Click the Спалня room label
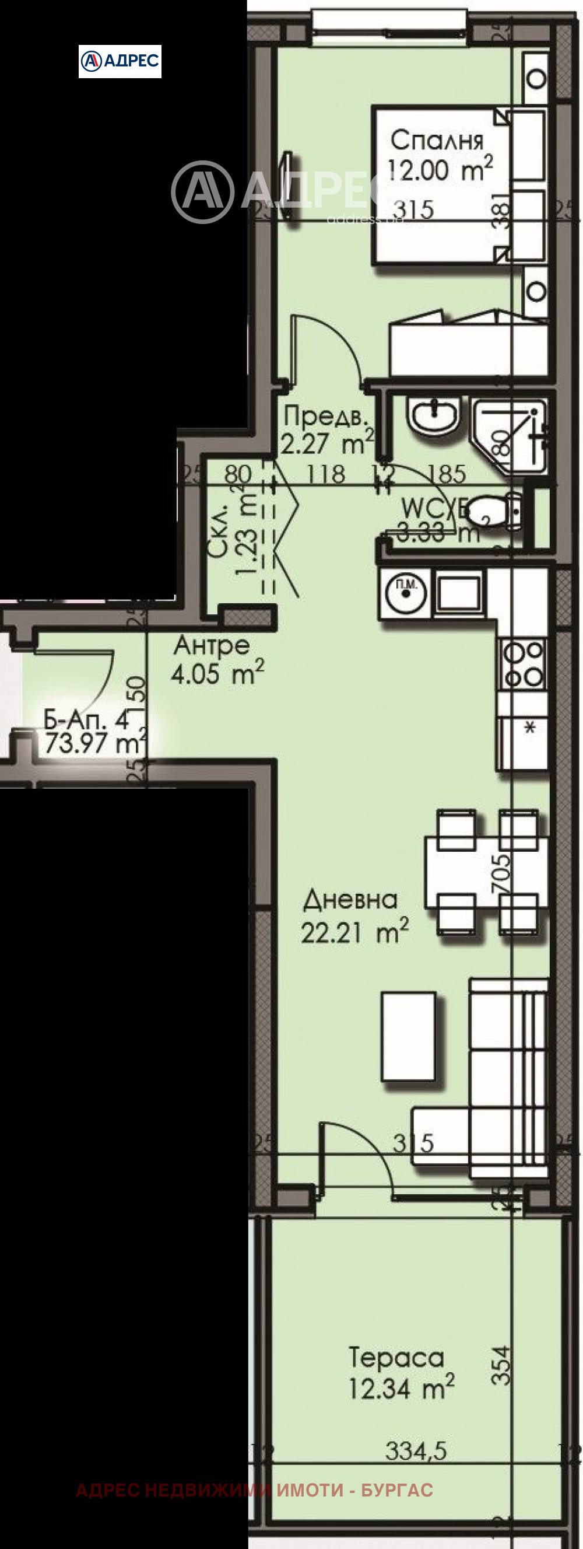coord(436,141)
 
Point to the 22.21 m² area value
coord(354,932)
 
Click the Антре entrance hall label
coord(212,646)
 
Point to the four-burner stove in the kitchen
coord(522,663)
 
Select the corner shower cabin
coord(511,435)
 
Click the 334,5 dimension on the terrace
coord(416,1452)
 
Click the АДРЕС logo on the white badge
coord(120,60)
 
